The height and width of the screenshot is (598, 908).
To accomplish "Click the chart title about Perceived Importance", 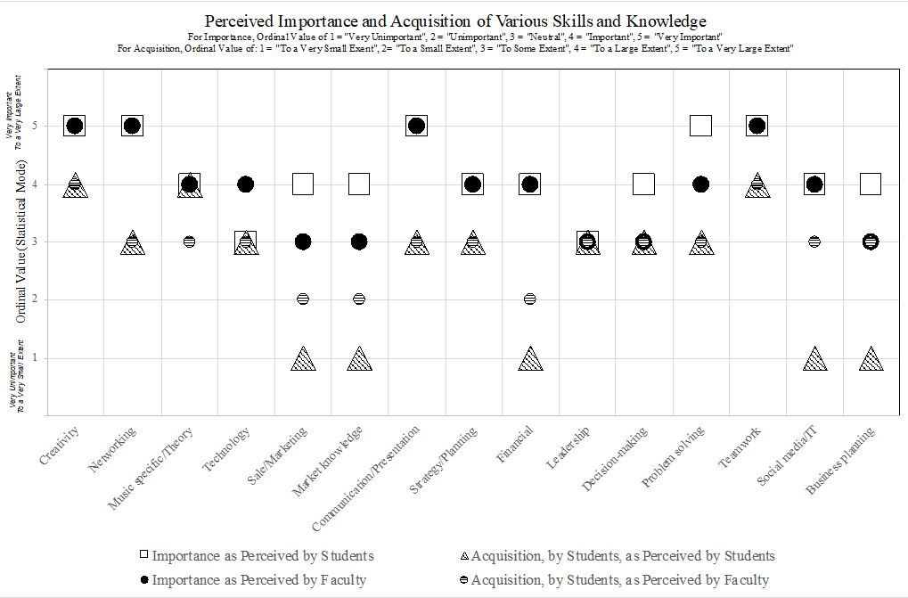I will [455, 20].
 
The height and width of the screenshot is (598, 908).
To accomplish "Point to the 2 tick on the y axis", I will [35, 299].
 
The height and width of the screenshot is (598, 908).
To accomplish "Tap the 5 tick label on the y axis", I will [35, 126].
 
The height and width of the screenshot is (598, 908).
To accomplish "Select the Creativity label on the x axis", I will [61, 445].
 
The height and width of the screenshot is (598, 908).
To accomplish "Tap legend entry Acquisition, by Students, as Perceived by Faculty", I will [620, 580].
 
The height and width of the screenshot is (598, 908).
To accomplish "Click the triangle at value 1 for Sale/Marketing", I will [303, 359].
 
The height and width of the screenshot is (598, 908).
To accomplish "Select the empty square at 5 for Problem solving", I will [700, 126].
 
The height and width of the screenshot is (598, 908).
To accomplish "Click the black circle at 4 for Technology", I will [246, 184].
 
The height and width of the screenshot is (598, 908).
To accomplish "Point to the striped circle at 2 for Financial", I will [530, 299].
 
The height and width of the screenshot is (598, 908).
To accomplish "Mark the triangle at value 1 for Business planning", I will [871, 359].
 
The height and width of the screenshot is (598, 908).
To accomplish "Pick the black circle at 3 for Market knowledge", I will [359, 242].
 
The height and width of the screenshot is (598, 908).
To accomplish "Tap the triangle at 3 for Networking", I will [132, 242].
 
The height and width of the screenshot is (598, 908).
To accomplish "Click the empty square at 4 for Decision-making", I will [644, 184].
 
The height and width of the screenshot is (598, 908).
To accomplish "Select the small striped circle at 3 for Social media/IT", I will [814, 242].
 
